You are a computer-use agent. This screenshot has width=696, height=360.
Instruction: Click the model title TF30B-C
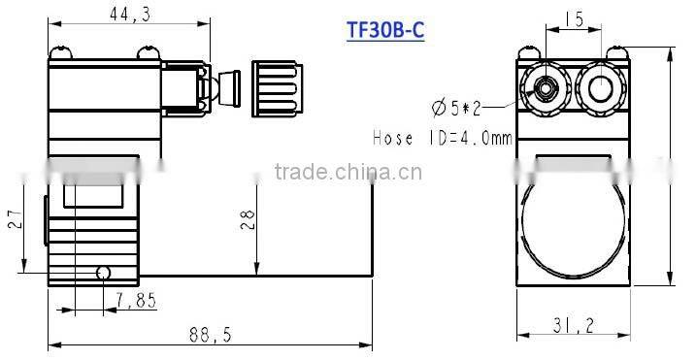pyautogui.click(x=385, y=29)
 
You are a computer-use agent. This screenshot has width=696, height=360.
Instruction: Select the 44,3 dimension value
pyautogui.click(x=120, y=14)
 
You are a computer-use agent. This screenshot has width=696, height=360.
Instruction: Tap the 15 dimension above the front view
pyautogui.click(x=574, y=18)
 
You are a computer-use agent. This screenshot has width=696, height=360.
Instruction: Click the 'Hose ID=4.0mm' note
pyautogui.click(x=442, y=138)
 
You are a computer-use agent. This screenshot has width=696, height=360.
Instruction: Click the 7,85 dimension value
pyautogui.click(x=135, y=301)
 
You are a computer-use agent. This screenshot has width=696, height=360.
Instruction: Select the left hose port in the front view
pyautogui.click(x=546, y=90)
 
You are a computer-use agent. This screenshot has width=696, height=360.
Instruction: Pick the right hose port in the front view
pyautogui.click(x=601, y=89)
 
